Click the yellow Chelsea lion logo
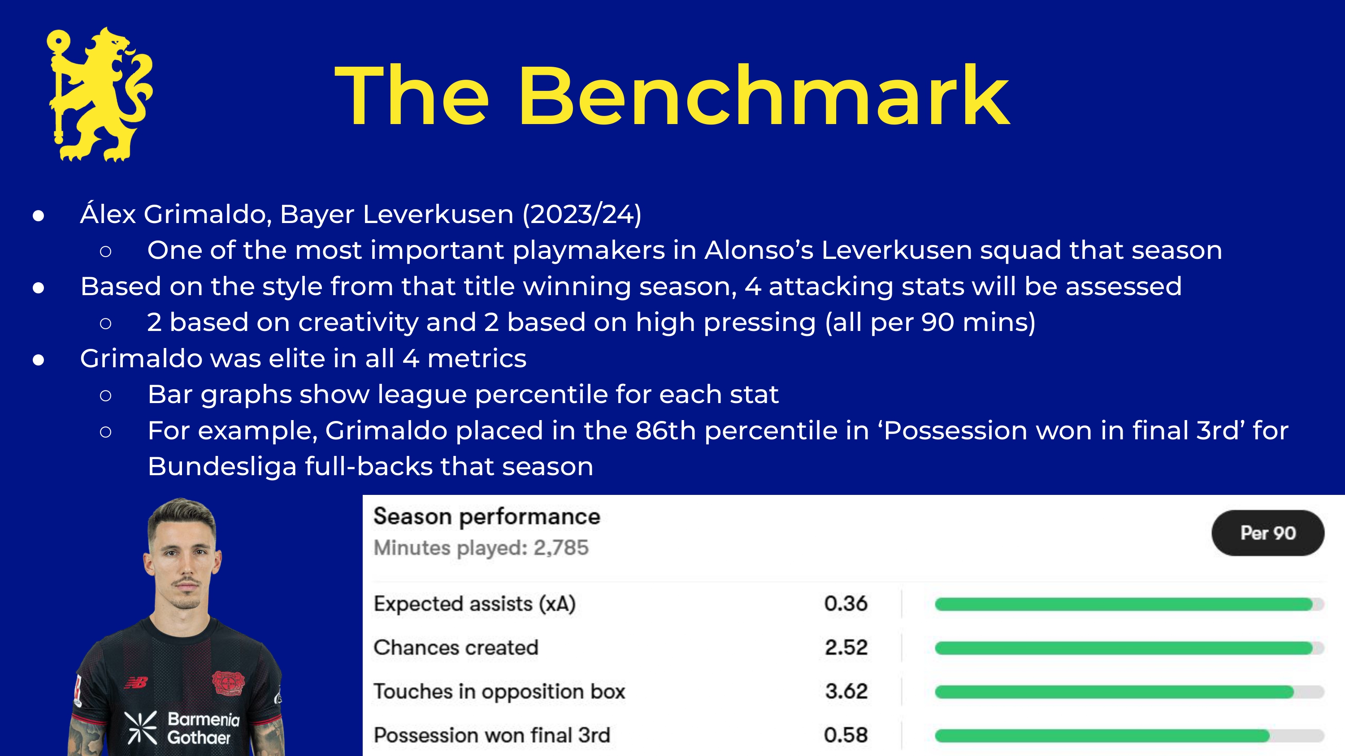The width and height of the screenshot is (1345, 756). pos(100,94)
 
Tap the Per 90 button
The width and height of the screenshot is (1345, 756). pos(1268,533)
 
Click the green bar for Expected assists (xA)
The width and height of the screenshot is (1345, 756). pos(1124,604)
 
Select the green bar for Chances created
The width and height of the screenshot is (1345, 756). pos(1124,648)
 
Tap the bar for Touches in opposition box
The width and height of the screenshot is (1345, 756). pos(1114,692)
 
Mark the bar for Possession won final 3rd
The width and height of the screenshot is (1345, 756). pos(1102,736)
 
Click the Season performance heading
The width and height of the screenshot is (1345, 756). pos(486,517)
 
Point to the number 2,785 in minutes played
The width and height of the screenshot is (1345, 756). pos(561,548)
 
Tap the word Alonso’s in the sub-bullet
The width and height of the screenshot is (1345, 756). pos(759,250)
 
